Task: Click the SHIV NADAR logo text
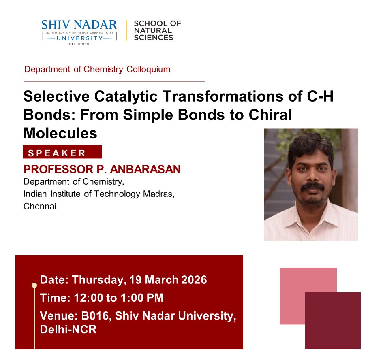pos(79,25)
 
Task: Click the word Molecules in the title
pos(60,133)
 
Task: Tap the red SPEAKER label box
pos(62,152)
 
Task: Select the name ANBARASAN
pos(148,169)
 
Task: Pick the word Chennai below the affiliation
pos(40,206)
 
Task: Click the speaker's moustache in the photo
pos(312,186)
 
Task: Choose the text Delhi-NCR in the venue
pos(68,330)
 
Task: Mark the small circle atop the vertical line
pos(34,285)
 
